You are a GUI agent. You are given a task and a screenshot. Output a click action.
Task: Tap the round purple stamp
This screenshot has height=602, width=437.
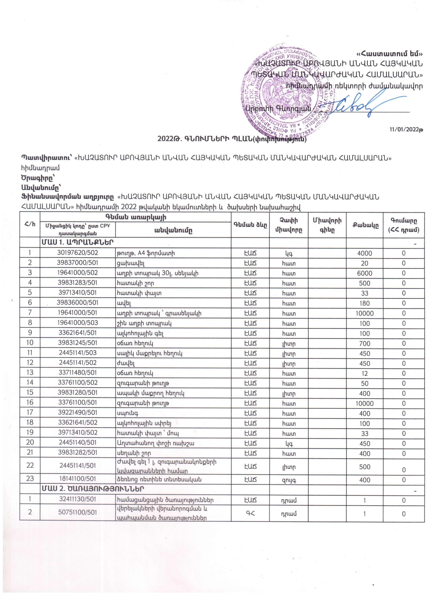288,90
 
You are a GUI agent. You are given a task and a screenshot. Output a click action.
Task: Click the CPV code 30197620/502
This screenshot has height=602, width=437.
78,253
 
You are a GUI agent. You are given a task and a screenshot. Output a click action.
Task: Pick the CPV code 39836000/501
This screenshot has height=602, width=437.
78,303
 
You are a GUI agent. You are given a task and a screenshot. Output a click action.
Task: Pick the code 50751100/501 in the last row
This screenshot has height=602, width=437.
78,512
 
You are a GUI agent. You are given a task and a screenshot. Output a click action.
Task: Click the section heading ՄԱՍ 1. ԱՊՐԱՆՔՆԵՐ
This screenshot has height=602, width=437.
77,243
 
